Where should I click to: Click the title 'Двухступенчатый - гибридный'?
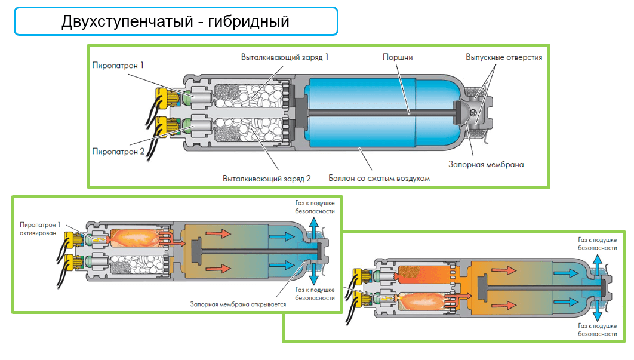point(176,21)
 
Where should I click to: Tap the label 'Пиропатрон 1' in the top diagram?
point(118,64)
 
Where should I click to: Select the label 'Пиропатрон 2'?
point(118,152)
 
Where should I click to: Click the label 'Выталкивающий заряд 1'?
point(285,57)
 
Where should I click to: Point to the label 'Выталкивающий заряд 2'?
point(267,178)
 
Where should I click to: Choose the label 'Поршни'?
point(398,57)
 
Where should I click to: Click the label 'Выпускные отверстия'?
point(504,57)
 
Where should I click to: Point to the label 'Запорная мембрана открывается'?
point(238,304)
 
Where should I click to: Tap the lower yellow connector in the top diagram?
point(164,126)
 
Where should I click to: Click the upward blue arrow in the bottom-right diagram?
point(597,263)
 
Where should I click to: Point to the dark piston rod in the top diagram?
point(382,112)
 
